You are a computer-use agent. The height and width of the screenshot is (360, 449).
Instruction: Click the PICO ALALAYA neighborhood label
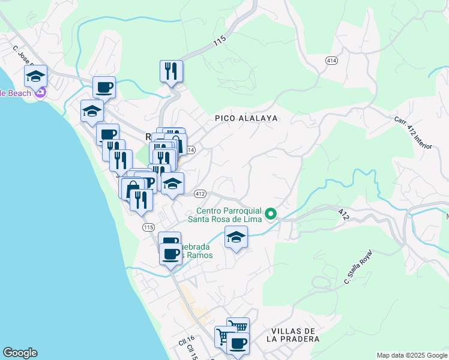pos(246,118)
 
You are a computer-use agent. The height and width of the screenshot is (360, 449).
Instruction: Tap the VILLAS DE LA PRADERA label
pos(294,335)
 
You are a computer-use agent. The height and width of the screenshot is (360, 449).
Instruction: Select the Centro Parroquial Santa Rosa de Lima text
pos(232,214)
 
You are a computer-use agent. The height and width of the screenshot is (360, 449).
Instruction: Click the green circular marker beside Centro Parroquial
pos(271,214)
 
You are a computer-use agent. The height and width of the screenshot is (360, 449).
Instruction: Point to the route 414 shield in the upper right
pos(331,61)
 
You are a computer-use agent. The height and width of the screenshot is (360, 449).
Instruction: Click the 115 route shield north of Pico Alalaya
pos(219,41)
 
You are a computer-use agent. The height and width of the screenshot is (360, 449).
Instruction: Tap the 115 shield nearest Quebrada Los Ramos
pos(149,227)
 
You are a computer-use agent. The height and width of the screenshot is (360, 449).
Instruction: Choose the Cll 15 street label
pos(193,351)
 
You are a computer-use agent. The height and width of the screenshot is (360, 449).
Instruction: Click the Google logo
pos(20,353)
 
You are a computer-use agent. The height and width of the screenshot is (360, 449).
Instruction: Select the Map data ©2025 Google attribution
pos(411,355)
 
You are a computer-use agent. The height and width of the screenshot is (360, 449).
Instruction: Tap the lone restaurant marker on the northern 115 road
pos(172,71)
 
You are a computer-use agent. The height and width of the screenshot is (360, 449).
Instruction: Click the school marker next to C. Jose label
pos(36,76)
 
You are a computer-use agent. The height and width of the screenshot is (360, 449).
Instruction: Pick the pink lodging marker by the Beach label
pos(40,92)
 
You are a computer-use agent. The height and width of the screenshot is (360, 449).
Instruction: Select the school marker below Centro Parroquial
pos(236,237)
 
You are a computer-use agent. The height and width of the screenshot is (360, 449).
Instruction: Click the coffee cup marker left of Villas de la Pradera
pos(238,343)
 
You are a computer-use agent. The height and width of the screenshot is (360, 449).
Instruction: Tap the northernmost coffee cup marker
pos(104,87)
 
